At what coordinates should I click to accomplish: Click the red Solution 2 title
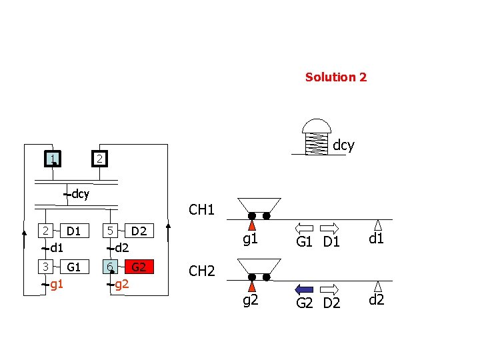pos(335,77)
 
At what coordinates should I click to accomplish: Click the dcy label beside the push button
pos(343,145)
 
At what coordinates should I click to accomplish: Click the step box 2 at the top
pos(98,159)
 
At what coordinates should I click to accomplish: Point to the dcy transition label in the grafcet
pos(80,195)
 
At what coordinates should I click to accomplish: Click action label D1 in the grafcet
pos(73,231)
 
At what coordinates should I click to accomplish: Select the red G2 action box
pos(139,267)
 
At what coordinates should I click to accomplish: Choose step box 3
pos(45,267)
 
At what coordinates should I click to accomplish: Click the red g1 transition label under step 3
pos(57,285)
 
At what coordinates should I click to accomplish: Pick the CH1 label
pos(201,210)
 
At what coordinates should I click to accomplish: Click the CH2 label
pos(201,271)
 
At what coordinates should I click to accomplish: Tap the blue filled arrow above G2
pos(304,289)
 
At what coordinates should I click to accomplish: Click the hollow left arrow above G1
pos(304,227)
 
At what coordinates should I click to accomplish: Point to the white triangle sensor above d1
pos(378,225)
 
